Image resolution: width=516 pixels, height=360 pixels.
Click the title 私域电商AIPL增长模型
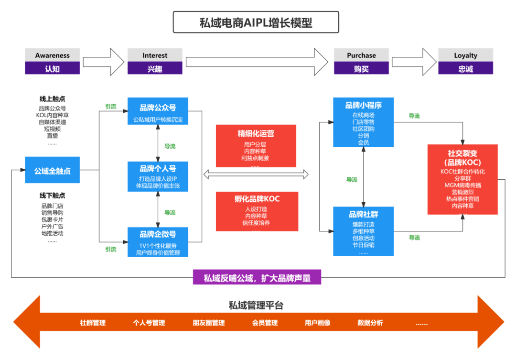(256, 22)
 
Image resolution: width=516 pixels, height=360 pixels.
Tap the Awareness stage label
(53, 55)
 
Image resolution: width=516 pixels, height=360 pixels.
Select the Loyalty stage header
(465, 55)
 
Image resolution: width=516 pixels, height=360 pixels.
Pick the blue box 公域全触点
(53, 171)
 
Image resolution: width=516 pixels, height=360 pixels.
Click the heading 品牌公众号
(158, 108)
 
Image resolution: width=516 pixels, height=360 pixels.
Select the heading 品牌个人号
(158, 169)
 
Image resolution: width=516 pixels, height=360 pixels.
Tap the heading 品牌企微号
(158, 234)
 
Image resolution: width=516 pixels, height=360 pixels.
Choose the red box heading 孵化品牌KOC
(257, 199)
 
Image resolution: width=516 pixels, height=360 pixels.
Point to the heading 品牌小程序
(364, 105)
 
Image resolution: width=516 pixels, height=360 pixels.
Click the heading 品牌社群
(364, 214)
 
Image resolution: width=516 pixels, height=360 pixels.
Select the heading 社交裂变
(462, 153)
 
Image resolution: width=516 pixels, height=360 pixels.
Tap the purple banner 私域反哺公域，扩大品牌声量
(257, 278)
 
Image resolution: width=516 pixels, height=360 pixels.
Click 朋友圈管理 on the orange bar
(209, 323)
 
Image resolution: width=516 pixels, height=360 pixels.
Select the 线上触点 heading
(53, 99)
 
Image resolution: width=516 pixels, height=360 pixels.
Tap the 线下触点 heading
(53, 196)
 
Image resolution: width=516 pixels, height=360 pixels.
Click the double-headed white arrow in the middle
(256, 175)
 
